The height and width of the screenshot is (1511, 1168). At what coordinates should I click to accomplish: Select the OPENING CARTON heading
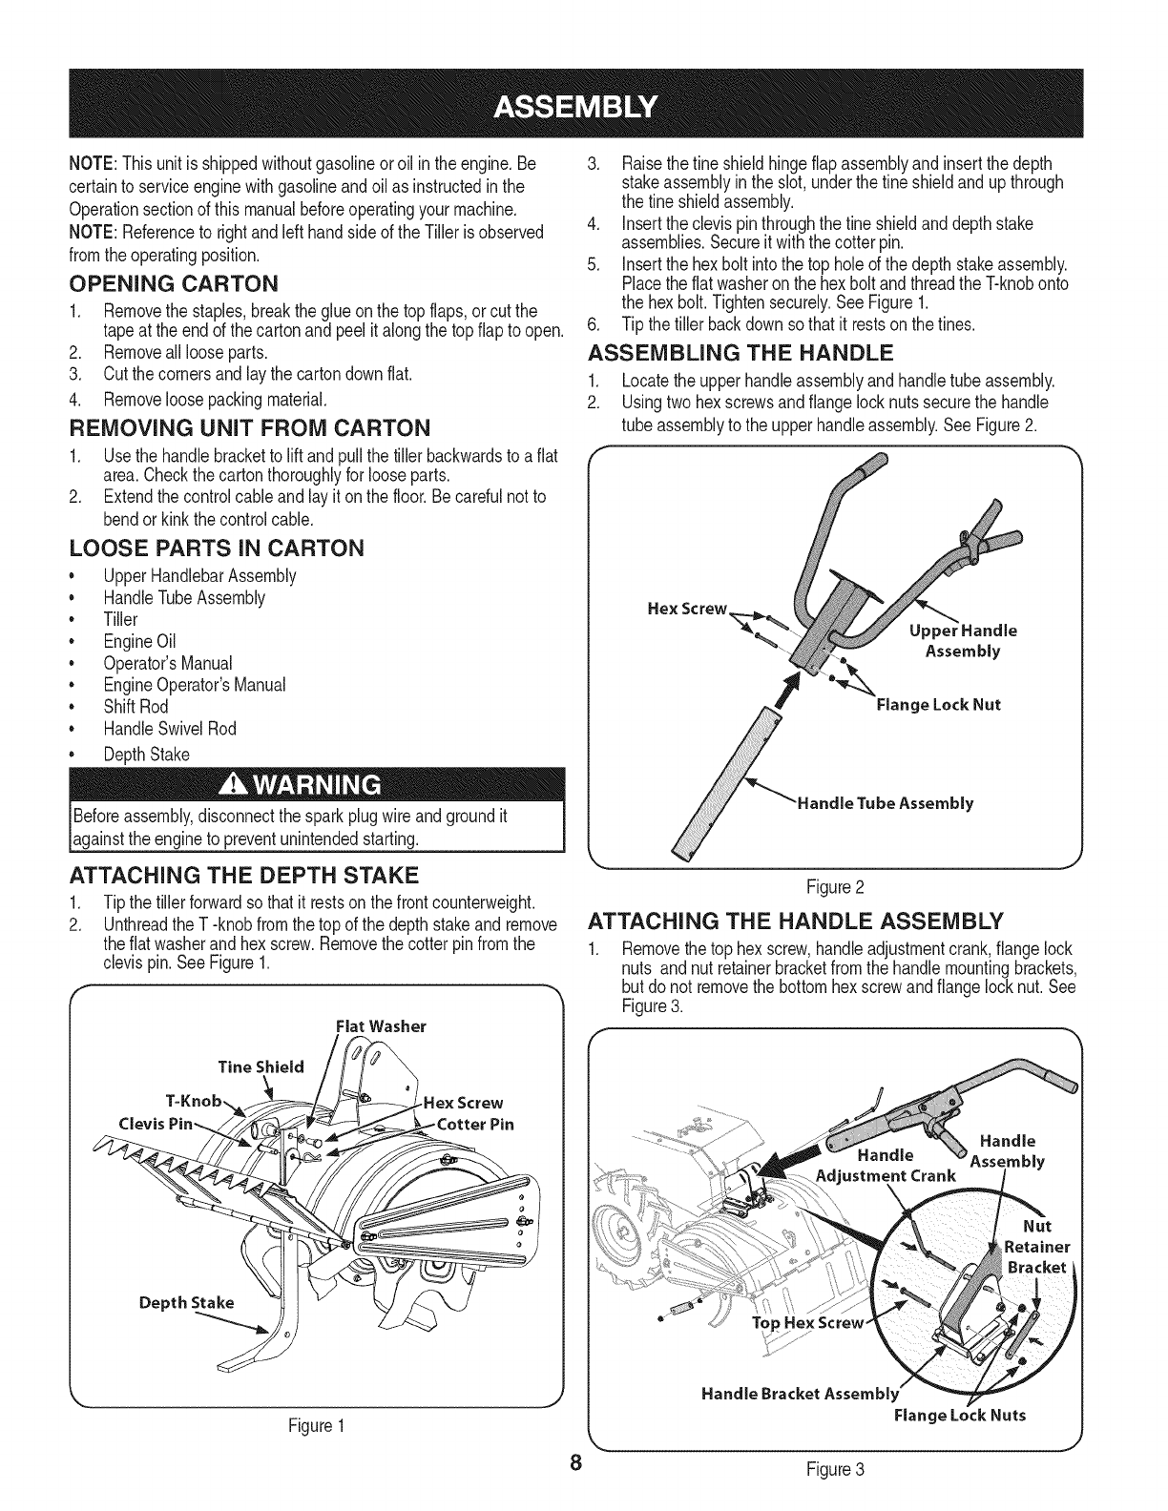pyautogui.click(x=175, y=283)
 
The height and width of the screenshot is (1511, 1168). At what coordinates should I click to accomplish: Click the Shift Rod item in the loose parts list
pyautogui.click(x=136, y=707)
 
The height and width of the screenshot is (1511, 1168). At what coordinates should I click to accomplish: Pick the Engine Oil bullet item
pyautogui.click(x=139, y=641)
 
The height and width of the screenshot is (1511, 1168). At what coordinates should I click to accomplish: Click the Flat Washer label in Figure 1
pyautogui.click(x=381, y=1026)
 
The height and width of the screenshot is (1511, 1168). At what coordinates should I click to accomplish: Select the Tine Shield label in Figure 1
pyautogui.click(x=261, y=1066)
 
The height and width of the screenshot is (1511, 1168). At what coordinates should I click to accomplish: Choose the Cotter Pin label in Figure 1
pyautogui.click(x=475, y=1124)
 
